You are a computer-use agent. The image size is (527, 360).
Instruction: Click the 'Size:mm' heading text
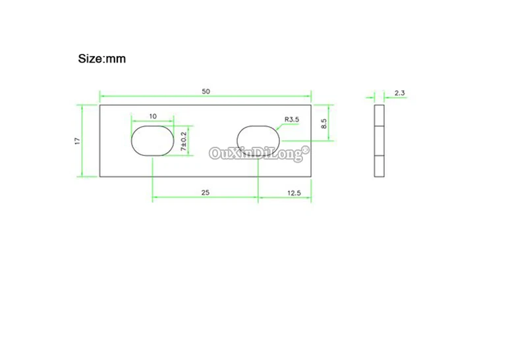coord(102,59)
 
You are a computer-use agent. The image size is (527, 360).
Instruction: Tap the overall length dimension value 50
coord(206,91)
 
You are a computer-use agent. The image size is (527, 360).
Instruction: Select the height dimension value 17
coord(78,141)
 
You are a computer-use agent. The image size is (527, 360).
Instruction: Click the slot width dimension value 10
coord(153,116)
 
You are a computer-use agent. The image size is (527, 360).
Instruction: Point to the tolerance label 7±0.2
coord(184,141)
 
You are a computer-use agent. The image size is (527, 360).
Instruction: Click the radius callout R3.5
coord(292,119)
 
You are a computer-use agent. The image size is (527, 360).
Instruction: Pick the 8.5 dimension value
coord(324,123)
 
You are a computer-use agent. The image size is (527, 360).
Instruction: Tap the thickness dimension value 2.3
coord(400,93)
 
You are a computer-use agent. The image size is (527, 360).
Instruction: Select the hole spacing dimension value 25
coord(206,192)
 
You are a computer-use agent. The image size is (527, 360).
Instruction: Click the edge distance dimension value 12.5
coord(294,193)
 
